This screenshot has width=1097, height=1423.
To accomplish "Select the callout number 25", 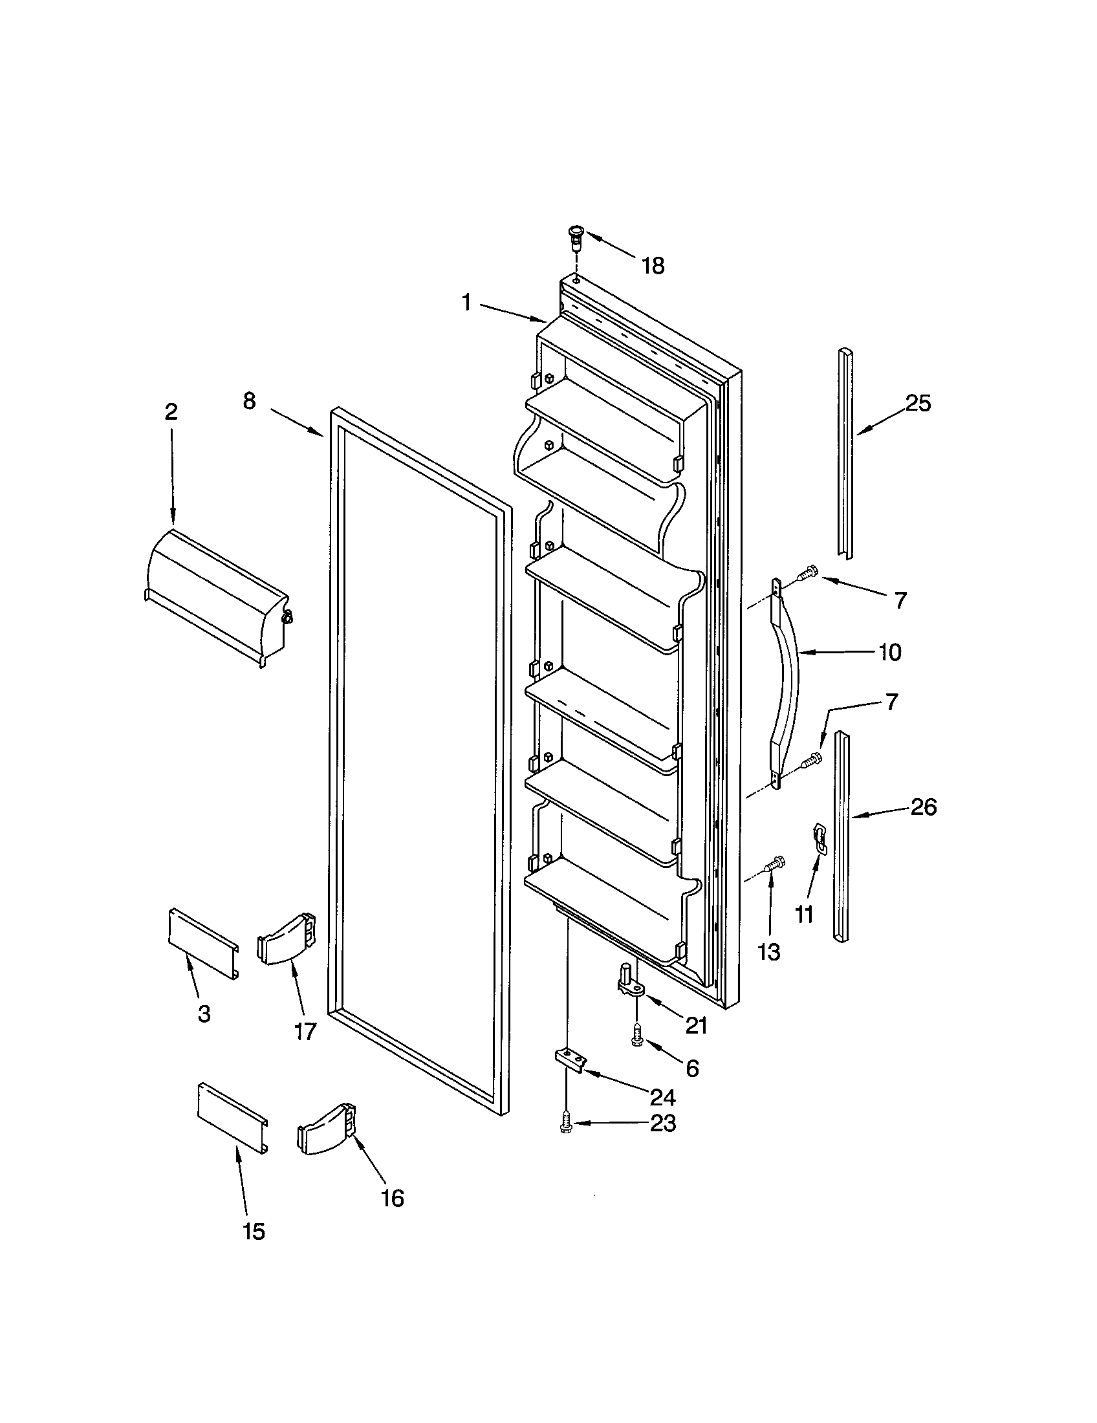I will tap(918, 404).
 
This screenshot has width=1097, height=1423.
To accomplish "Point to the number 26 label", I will tap(923, 807).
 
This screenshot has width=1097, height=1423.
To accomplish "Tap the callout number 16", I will tap(392, 1197).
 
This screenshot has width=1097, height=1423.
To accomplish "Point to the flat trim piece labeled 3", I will tap(202, 944).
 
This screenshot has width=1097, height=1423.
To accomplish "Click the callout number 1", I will tap(466, 302).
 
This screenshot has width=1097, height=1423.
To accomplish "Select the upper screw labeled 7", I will tap(808, 573).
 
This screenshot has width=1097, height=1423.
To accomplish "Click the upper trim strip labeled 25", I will tap(845, 453).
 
